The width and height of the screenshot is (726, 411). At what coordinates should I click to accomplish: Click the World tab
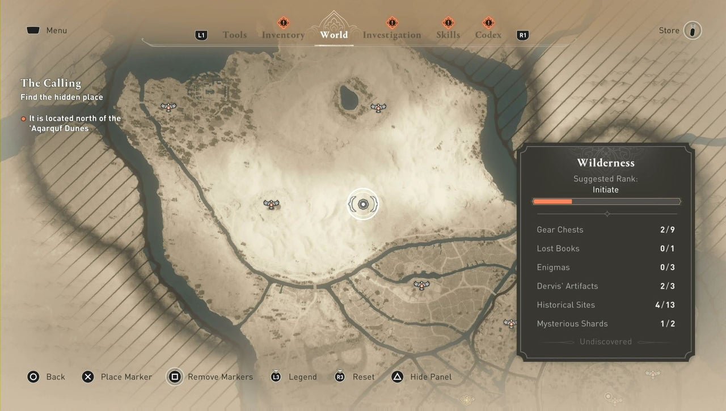pyautogui.click(x=334, y=35)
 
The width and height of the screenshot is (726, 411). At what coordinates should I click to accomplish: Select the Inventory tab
pyautogui.click(x=283, y=35)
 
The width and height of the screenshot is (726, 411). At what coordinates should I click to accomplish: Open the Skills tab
pyautogui.click(x=448, y=35)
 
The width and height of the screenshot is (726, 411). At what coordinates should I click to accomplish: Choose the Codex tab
pyautogui.click(x=488, y=35)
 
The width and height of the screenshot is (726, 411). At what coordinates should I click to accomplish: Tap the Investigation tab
pyautogui.click(x=392, y=35)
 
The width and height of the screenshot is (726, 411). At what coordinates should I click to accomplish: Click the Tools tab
pyautogui.click(x=235, y=35)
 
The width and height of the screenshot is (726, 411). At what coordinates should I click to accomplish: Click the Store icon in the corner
pyautogui.click(x=692, y=31)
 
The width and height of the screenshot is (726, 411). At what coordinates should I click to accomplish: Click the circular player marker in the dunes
pyautogui.click(x=363, y=204)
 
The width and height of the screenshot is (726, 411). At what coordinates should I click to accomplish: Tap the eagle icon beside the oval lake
pyautogui.click(x=378, y=107)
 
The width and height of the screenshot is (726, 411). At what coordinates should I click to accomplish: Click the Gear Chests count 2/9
pyautogui.click(x=667, y=230)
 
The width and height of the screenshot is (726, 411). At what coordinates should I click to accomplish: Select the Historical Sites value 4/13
pyautogui.click(x=665, y=305)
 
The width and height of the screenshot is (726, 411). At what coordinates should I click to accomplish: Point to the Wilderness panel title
pyautogui.click(x=606, y=163)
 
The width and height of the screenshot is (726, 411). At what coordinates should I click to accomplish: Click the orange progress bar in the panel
pyautogui.click(x=553, y=201)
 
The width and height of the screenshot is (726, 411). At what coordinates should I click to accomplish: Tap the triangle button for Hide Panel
pyautogui.click(x=398, y=377)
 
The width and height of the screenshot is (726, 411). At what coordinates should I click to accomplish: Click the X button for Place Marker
pyautogui.click(x=88, y=377)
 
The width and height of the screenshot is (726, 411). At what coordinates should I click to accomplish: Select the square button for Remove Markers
pyautogui.click(x=175, y=377)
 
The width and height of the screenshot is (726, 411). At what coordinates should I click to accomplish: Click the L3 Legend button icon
pyautogui.click(x=276, y=377)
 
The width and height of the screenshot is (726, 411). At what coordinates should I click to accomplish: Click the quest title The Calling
pyautogui.click(x=50, y=83)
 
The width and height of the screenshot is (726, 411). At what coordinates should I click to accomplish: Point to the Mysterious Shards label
pyautogui.click(x=572, y=324)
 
